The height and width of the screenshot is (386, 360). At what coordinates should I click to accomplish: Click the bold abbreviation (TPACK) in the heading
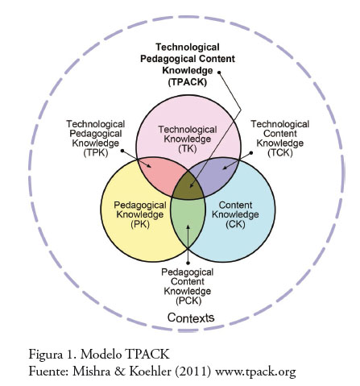pos(188,82)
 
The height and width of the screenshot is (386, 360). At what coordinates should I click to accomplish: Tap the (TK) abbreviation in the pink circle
pos(188,148)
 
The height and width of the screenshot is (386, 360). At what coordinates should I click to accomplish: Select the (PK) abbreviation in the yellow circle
pos(140,224)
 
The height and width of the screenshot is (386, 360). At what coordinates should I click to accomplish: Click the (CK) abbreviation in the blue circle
pos(235,224)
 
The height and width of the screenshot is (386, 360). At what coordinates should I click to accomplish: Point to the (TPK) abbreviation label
pos(96,152)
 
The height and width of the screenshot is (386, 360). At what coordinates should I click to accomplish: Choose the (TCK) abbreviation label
pos(280,152)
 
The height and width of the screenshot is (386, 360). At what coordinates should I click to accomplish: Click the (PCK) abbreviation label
pos(188,301)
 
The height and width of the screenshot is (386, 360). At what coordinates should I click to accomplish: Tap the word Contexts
pos(191,318)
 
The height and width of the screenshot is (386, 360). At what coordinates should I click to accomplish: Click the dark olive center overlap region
pos(188,186)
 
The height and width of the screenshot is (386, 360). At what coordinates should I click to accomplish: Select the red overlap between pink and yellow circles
pos(159,175)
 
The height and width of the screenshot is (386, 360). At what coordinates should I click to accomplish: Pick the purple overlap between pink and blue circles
pos(218,175)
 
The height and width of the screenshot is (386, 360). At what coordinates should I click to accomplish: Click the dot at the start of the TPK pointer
pos(122,151)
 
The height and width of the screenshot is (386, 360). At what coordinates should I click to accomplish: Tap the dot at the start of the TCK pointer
pos(251,152)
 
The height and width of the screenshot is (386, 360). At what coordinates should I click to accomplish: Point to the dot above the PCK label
pos(188,263)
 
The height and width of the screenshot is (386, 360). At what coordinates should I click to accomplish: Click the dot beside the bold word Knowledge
pos(219,73)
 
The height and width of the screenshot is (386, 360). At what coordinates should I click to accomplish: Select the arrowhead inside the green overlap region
pos(188,227)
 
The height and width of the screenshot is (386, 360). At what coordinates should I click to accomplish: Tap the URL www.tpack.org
pos(255,372)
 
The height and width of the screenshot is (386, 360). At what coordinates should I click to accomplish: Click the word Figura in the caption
pos(45,355)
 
